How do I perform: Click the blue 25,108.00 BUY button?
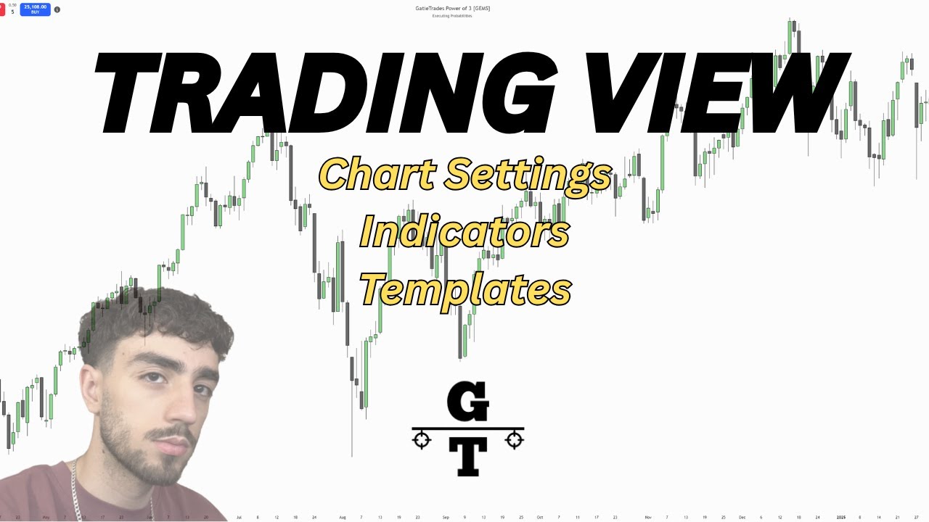35,9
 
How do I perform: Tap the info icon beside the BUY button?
57,9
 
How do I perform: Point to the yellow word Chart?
377,174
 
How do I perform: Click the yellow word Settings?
528,174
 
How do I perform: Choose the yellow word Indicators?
464,232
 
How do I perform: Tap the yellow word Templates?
465,289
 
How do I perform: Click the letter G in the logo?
467,403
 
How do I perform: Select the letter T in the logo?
468,457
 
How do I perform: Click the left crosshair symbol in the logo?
422,439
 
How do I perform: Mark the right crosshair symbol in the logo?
515,439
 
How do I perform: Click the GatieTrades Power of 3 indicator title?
452,8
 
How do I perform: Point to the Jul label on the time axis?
238,518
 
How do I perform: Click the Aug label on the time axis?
343,518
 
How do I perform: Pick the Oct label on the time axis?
539,518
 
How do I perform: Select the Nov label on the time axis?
647,518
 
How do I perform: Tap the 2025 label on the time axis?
840,518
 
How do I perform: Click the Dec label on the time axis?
742,518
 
